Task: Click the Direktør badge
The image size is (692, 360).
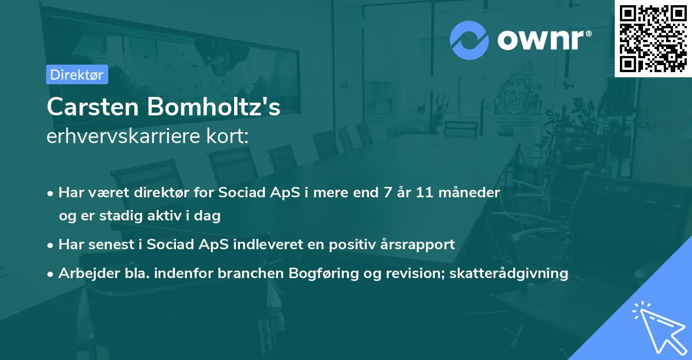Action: click(x=77, y=74)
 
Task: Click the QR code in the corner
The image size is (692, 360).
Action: click(x=653, y=38)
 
